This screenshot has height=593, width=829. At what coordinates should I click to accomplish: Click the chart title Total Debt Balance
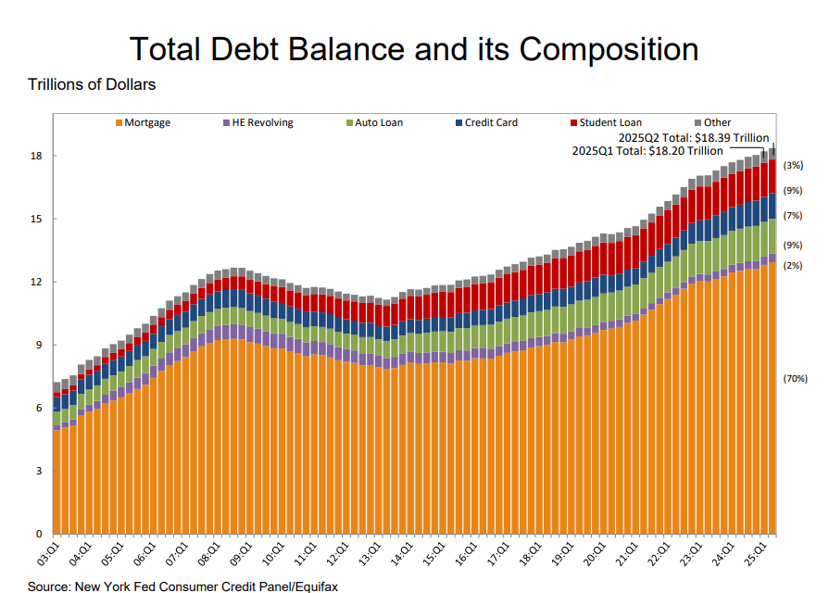point(413,48)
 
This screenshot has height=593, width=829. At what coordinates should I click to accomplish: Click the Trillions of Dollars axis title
point(92,85)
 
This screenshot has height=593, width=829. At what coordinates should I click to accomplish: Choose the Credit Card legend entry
point(491,122)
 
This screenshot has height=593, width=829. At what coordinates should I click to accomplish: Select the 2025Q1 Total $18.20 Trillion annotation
point(647,150)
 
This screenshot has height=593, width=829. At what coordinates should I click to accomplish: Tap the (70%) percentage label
point(796,379)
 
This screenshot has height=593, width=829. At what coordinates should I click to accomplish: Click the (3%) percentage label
point(793,166)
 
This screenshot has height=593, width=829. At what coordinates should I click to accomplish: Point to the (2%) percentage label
point(793,266)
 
